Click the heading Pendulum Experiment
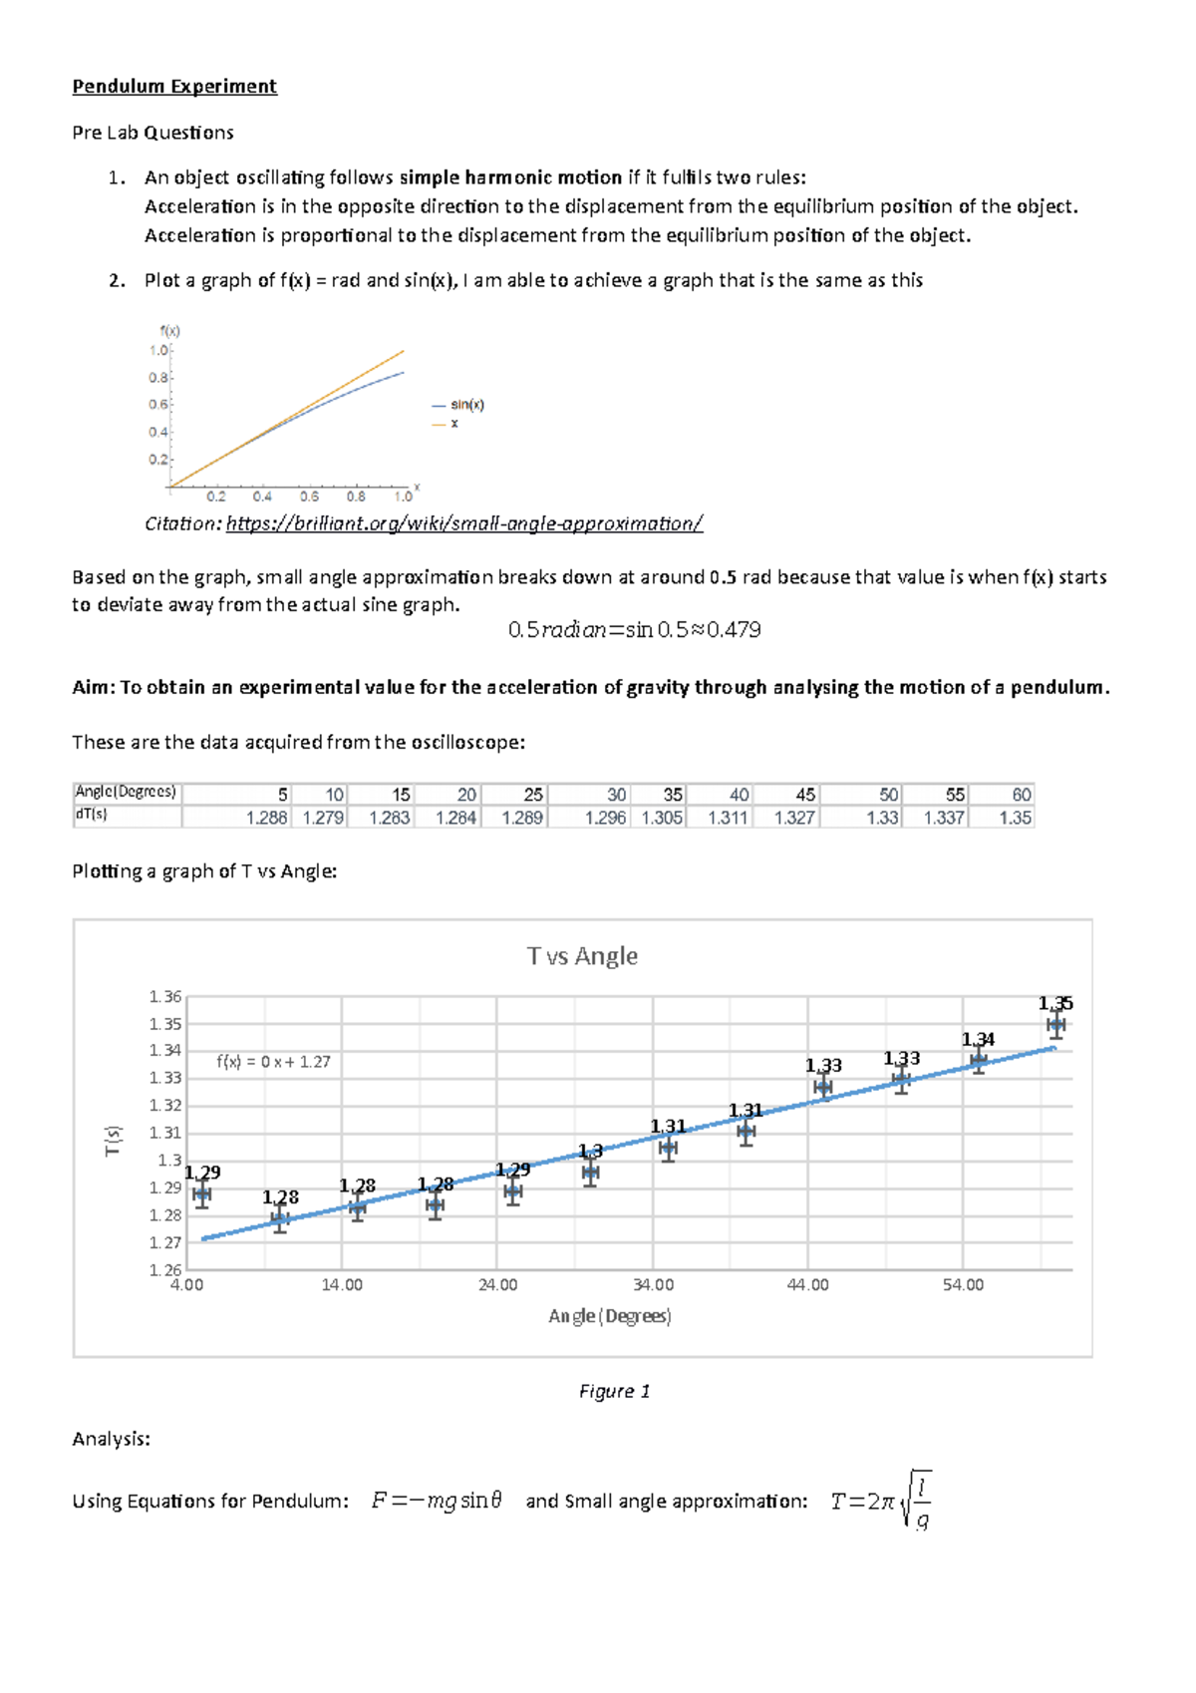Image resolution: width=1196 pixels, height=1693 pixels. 174,87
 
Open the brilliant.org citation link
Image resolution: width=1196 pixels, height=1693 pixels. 464,523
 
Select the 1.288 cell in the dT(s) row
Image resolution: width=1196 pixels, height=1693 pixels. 266,818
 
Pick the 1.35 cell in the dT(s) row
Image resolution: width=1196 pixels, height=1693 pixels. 1015,818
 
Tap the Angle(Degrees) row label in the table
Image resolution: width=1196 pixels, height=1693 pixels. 126,793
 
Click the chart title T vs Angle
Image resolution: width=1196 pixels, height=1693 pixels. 582,956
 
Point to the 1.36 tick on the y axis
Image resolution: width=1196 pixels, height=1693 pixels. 165,997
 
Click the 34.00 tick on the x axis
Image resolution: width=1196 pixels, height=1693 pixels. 653,1285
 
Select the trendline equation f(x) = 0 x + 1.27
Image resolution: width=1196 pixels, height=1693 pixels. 273,1062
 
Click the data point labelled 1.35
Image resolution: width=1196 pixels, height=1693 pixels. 1055,1025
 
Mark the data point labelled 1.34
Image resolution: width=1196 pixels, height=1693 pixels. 979,1060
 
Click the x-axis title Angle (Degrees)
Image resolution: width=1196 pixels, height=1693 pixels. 609,1316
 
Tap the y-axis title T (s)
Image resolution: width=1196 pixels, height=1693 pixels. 114,1141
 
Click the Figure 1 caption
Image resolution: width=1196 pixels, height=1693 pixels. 614,1391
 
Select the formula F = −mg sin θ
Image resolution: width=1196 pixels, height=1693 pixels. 437,1501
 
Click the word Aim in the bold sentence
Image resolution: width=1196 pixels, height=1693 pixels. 93,687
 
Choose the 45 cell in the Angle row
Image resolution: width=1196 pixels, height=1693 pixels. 805,795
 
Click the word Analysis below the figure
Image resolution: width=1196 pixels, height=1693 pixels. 111,1439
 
